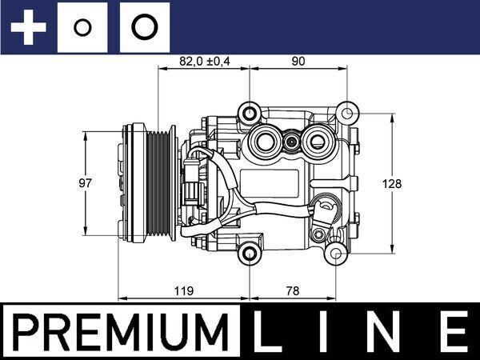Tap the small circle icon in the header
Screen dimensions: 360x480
pyautogui.click(x=82, y=26)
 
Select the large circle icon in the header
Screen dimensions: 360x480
pyautogui.click(x=144, y=26)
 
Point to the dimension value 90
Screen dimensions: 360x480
pyautogui.click(x=298, y=61)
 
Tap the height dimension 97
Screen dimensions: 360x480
pyautogui.click(x=85, y=183)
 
